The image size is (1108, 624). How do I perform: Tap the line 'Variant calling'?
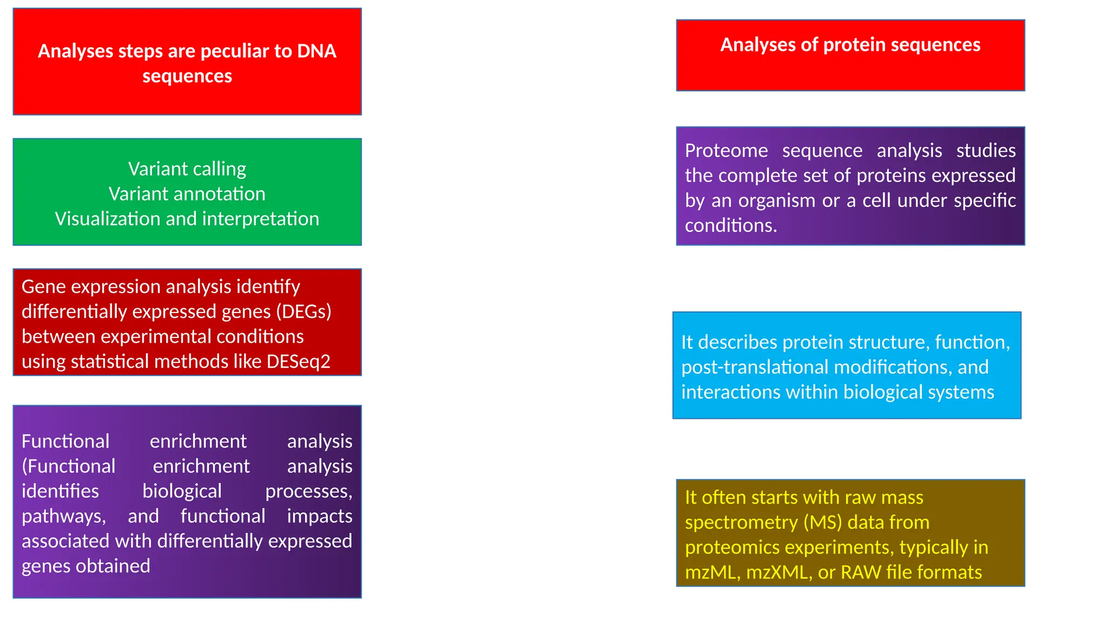(187, 169)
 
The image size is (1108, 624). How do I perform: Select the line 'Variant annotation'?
(187, 194)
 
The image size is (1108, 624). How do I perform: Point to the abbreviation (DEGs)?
(304, 311)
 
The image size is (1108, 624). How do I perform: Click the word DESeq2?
(298, 361)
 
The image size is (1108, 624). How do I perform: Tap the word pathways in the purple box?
(63, 516)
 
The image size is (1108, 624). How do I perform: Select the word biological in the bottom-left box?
(182, 491)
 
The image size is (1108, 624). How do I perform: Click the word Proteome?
(726, 151)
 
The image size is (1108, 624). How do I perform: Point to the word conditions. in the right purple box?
(731, 225)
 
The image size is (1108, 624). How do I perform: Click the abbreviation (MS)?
(823, 522)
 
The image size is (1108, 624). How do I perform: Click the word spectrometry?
(741, 522)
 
